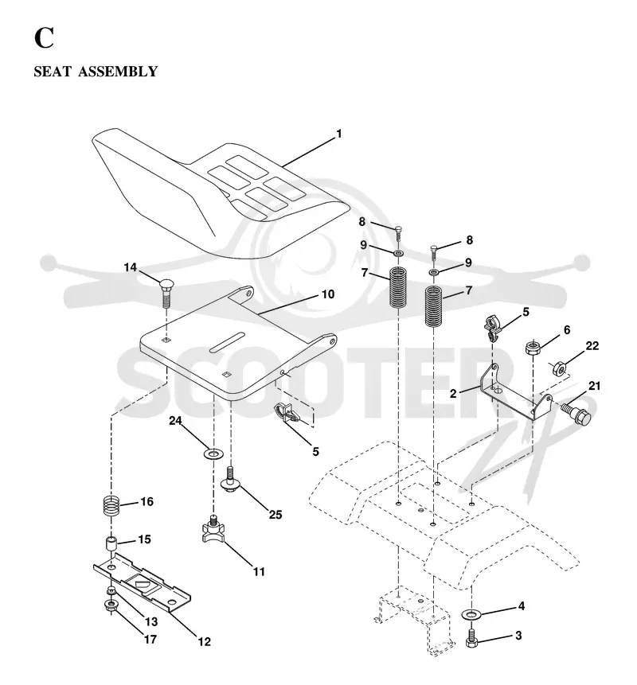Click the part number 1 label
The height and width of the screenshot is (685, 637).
click(x=338, y=134)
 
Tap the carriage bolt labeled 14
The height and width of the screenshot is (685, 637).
click(x=166, y=294)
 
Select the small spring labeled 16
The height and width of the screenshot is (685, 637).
click(x=111, y=506)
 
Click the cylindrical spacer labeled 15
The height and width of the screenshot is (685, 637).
click(x=111, y=545)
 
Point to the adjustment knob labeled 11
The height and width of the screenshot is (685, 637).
click(x=213, y=528)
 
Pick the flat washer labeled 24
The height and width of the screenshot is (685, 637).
click(x=213, y=453)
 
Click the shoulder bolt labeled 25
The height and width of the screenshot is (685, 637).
click(x=230, y=480)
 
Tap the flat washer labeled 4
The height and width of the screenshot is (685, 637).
click(x=471, y=615)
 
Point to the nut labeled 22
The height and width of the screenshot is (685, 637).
click(x=559, y=368)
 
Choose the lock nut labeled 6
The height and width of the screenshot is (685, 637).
click(x=533, y=348)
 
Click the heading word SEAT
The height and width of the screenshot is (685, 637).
click(x=53, y=72)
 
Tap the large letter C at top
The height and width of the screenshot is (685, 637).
click(x=44, y=38)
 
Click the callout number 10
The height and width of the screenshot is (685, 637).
click(x=328, y=294)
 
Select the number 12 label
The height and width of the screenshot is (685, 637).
click(x=204, y=642)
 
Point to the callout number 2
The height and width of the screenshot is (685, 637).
click(x=453, y=394)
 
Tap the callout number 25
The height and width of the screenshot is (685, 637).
click(x=276, y=515)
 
